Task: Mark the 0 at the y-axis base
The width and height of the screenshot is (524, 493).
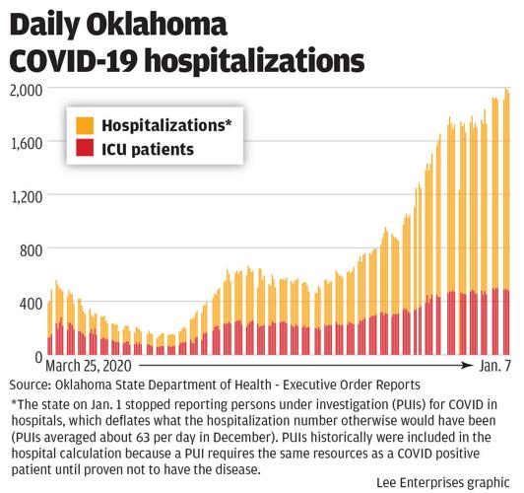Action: point(36,356)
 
